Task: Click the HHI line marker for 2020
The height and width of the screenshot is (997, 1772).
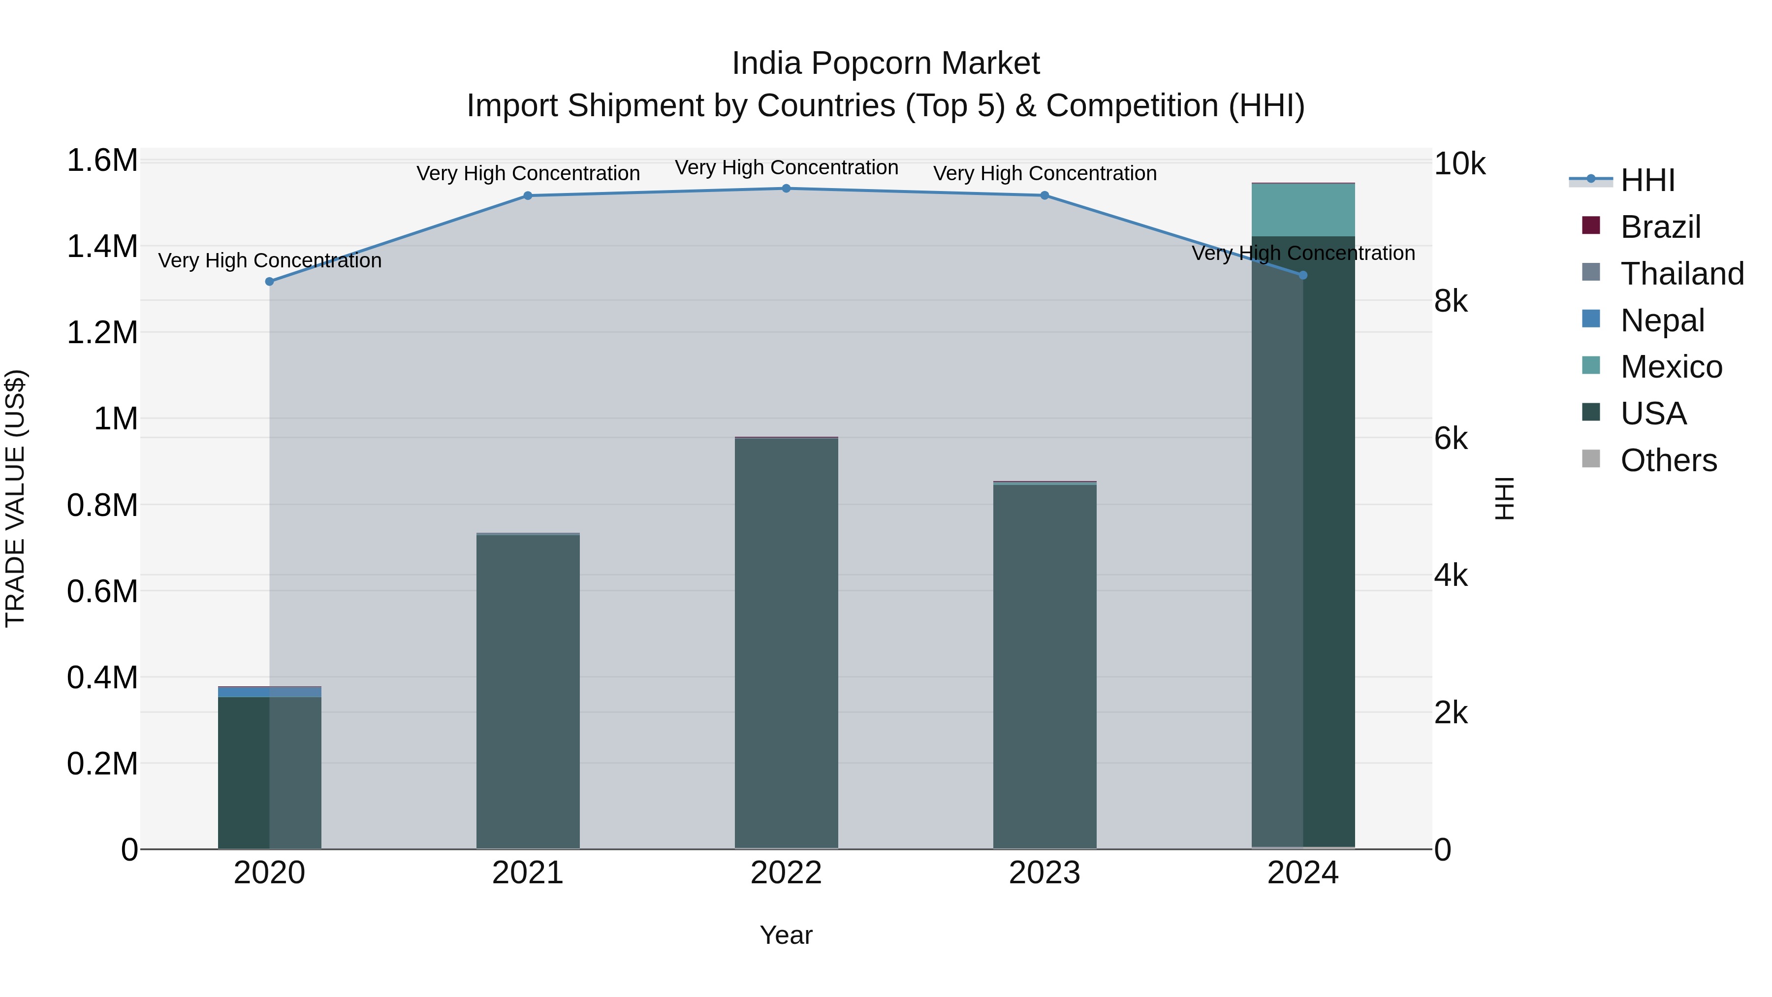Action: click(270, 282)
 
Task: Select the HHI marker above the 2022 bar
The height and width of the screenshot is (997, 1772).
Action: click(786, 189)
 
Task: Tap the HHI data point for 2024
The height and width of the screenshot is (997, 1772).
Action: click(1303, 275)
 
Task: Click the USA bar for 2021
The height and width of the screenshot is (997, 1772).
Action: click(528, 692)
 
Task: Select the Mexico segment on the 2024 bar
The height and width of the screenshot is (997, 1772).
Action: click(1303, 210)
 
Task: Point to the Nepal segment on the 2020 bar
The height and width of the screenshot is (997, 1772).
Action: click(270, 692)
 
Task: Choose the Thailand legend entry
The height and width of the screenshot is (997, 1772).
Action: click(1682, 274)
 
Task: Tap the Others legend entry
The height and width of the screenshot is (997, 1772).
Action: click(1668, 460)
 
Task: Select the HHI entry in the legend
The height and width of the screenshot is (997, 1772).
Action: click(1647, 180)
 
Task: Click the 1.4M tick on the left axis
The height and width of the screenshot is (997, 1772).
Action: click(102, 246)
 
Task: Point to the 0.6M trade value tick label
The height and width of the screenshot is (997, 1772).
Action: click(102, 591)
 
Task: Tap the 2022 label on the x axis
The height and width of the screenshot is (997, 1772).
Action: click(786, 873)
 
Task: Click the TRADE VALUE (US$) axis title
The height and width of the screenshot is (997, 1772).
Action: click(15, 498)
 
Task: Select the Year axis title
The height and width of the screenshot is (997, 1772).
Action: click(786, 935)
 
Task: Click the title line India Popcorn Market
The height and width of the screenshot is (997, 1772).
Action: click(886, 64)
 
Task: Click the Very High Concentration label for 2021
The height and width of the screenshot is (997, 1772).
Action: click(528, 173)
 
